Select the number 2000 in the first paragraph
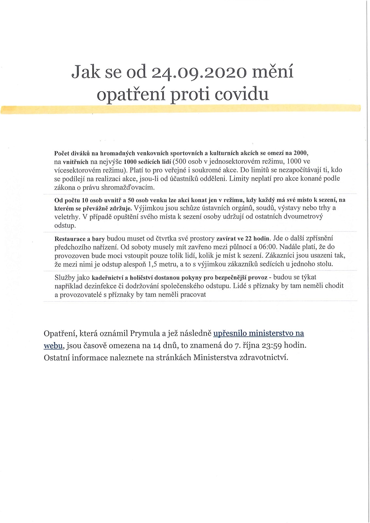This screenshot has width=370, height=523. pos(301,153)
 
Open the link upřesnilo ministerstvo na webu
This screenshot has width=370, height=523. pos(258,333)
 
